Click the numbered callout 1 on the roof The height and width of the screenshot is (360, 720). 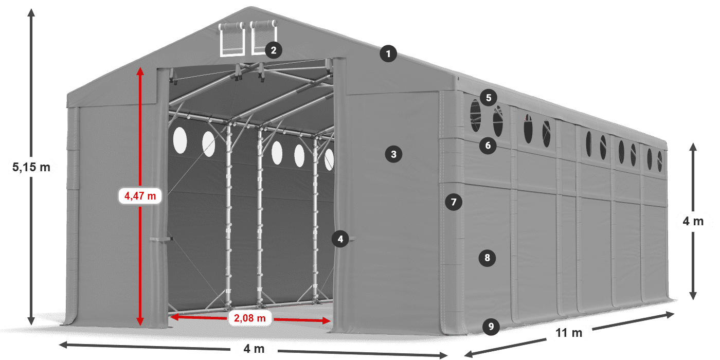(389, 53)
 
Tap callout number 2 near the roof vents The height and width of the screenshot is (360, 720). (274, 50)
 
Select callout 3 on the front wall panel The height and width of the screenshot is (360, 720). (393, 154)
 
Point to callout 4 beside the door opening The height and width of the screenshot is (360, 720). (340, 239)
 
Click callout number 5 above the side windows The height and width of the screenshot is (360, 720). (488, 97)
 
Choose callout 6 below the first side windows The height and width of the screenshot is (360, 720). (488, 146)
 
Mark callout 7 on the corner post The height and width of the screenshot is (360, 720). (453, 202)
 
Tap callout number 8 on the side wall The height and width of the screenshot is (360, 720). (487, 257)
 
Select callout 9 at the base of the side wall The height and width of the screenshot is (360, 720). (491, 326)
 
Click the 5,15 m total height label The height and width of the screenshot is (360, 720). (31, 167)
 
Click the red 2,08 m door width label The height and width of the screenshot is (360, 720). (249, 318)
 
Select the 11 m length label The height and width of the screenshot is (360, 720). (568, 333)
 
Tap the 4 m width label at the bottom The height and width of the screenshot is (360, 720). (253, 349)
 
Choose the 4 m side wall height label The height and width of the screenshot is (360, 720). (693, 222)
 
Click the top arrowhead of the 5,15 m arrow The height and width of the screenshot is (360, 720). (31, 11)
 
